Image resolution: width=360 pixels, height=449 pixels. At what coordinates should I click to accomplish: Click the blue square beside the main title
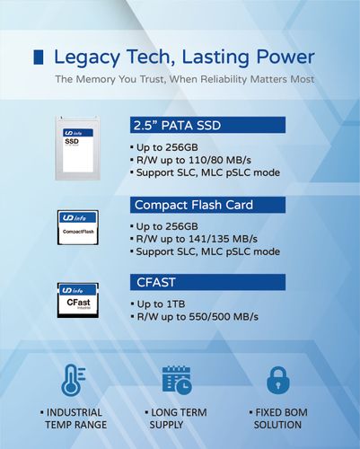coord(39,57)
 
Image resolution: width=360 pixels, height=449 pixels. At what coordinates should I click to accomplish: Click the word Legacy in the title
coord(87,58)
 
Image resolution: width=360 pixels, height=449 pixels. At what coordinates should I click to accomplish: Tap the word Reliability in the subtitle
coord(224,79)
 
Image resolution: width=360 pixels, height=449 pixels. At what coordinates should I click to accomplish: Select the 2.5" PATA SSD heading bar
coord(207,125)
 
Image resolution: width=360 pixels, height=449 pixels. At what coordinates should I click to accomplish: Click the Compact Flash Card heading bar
coord(207,205)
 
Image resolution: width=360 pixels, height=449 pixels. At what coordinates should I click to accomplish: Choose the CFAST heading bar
coord(207,282)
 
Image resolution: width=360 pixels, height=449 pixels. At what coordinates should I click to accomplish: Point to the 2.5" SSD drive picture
coord(78,148)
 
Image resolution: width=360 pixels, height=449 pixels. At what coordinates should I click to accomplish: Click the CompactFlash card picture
coord(78,227)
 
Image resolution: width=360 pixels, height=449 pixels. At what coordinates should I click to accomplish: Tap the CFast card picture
coord(78,300)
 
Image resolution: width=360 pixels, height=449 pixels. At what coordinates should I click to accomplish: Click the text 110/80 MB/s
coord(220,160)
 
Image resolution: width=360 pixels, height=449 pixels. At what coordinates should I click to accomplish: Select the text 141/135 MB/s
coord(223,239)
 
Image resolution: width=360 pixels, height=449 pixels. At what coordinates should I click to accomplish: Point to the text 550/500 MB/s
coord(224,317)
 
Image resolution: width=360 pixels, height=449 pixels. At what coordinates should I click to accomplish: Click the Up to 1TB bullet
coord(158,304)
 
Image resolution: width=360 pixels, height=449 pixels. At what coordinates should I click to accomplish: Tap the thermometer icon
coord(74,380)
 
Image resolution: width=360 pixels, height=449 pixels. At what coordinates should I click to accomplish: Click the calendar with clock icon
coord(177,380)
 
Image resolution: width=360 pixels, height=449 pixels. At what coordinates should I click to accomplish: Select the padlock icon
coord(278,380)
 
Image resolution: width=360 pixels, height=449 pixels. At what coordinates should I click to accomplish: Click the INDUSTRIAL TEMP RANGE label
coord(74,418)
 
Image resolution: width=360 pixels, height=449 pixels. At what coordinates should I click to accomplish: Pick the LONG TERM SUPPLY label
coord(176,418)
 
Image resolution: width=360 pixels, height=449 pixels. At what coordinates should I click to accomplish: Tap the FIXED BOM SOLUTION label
coord(278,418)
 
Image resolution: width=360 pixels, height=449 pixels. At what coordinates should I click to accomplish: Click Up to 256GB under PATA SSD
coord(164,147)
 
